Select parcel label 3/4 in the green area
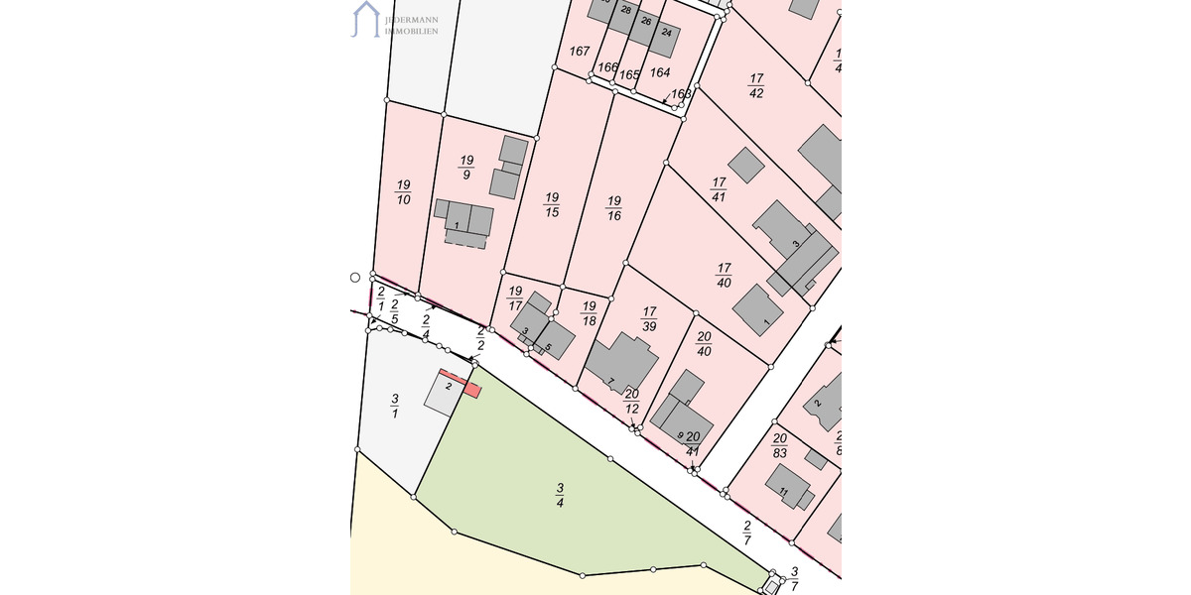click(x=560, y=495)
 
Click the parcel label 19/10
click(x=403, y=192)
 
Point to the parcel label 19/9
click(x=467, y=167)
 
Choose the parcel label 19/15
click(x=552, y=204)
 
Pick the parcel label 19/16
click(x=614, y=207)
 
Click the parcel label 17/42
click(x=756, y=86)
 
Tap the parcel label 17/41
click(x=719, y=189)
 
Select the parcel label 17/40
click(x=724, y=275)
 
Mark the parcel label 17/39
click(x=650, y=319)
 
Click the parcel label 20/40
click(x=704, y=343)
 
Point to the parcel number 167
click(x=580, y=51)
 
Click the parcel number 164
click(x=660, y=72)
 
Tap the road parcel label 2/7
click(x=747, y=534)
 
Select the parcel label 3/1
click(x=394, y=406)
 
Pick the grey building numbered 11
click(x=788, y=485)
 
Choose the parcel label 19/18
click(x=590, y=313)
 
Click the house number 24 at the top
click(x=666, y=33)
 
